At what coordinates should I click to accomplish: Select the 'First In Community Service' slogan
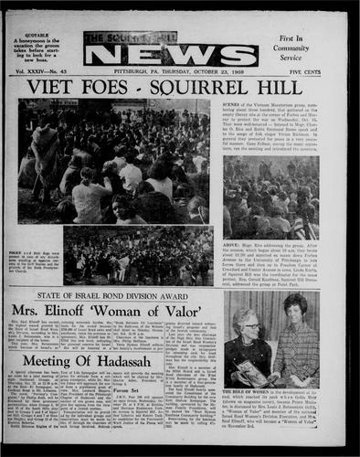tap(291, 47)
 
